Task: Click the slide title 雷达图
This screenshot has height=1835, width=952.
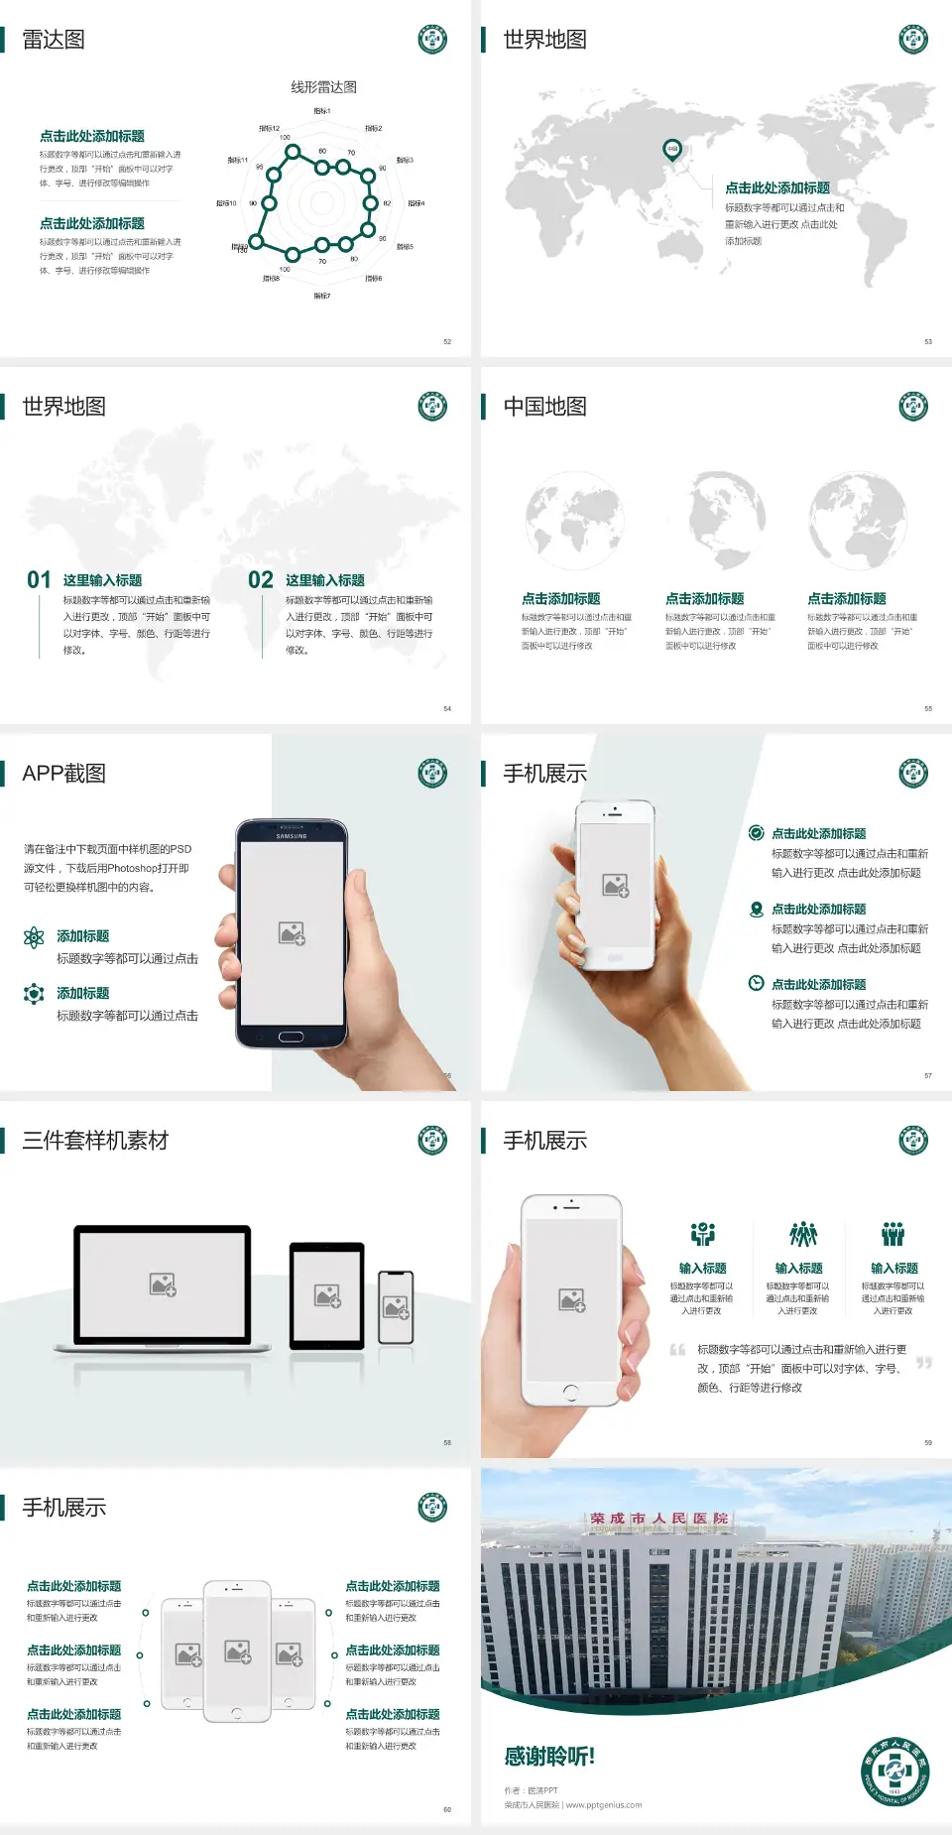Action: [x=54, y=40]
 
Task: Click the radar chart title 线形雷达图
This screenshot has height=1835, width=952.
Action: [x=323, y=87]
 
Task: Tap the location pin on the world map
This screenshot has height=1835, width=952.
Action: [x=672, y=150]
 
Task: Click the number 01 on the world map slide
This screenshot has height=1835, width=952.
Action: [x=39, y=580]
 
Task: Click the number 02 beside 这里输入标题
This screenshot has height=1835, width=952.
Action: [x=261, y=580]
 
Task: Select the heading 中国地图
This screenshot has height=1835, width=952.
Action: [x=544, y=407]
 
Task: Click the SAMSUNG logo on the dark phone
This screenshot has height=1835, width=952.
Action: [x=292, y=836]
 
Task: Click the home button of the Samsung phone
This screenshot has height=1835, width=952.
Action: [x=291, y=1037]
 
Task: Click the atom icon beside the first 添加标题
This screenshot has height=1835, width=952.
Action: [x=34, y=937]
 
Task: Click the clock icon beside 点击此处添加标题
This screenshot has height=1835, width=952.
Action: [x=756, y=983]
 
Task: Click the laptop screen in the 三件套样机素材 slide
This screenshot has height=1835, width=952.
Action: [x=163, y=1284]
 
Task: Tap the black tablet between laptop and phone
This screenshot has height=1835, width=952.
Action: [x=327, y=1294]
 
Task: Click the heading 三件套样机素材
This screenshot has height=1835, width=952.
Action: [x=95, y=1141]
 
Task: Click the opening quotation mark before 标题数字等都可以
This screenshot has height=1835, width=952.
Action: [x=677, y=1350]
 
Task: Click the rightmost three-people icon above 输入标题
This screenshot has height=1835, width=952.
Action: [x=893, y=1234]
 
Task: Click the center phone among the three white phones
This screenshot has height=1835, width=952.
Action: [x=237, y=1651]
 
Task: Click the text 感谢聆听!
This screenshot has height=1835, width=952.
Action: [x=549, y=1757]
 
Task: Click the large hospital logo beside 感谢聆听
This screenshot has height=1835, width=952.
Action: [x=894, y=1773]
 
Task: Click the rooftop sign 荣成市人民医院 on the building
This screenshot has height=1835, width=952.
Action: [x=658, y=1519]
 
